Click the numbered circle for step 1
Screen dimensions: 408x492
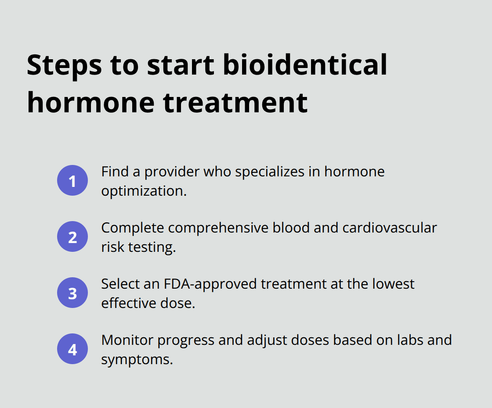tap(72, 180)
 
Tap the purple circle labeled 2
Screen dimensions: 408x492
tap(72, 236)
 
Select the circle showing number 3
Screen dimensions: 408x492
tap(72, 293)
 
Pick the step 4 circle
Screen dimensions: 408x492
tap(72, 349)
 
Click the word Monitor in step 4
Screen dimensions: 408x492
tap(127, 340)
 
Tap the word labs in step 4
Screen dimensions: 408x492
tap(403, 340)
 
